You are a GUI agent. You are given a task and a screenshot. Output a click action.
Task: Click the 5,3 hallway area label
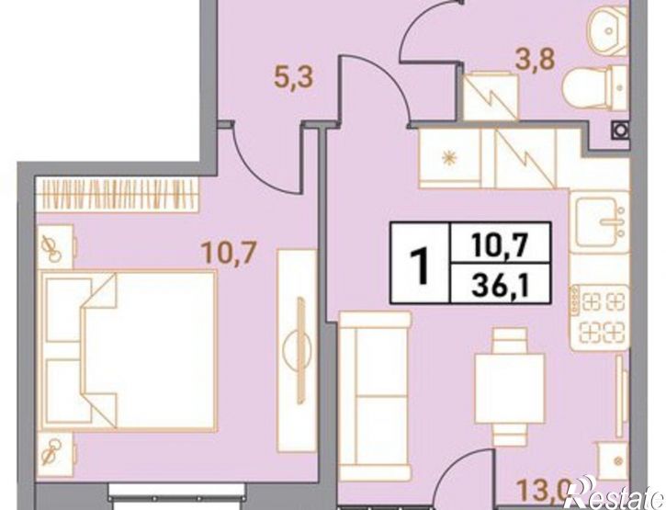(294, 77)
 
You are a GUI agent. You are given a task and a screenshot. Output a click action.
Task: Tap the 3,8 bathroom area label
(535, 60)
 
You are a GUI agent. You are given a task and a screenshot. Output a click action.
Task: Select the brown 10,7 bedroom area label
(229, 254)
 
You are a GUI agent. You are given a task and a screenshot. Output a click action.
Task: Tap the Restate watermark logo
(615, 496)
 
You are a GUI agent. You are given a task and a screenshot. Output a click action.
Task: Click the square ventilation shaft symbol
(619, 130)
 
